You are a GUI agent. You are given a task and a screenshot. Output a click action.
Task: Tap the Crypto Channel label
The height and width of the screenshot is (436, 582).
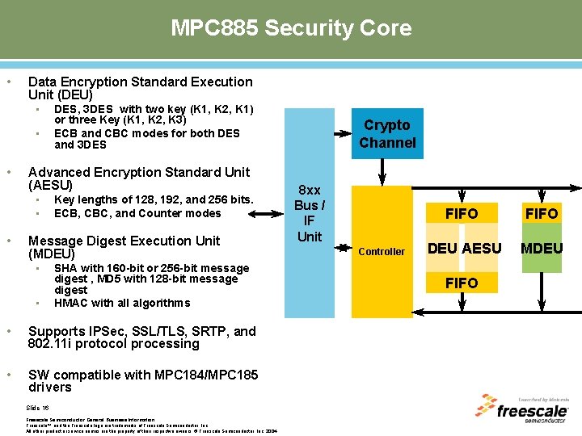click(387, 134)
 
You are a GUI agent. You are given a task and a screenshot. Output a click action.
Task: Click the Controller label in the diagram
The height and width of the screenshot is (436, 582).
click(382, 252)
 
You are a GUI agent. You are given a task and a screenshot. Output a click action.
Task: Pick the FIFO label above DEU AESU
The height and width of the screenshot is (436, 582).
click(462, 214)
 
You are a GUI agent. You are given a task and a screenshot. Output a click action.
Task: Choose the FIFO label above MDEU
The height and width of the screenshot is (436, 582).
click(542, 214)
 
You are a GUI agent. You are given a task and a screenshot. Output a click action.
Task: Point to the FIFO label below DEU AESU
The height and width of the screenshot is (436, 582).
click(462, 283)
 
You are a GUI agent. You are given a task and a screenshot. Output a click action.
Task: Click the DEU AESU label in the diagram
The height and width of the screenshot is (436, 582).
click(464, 249)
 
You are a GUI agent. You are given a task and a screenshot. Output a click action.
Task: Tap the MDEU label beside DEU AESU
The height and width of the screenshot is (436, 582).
click(542, 249)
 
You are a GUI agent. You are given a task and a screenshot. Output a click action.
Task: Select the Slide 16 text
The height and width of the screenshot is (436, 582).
click(38, 408)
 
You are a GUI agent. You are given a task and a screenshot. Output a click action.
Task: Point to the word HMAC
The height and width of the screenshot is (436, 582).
click(70, 303)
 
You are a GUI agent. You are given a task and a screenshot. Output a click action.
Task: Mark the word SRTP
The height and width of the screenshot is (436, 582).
click(208, 331)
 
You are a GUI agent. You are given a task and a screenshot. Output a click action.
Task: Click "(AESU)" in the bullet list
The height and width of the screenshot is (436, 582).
click(51, 186)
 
